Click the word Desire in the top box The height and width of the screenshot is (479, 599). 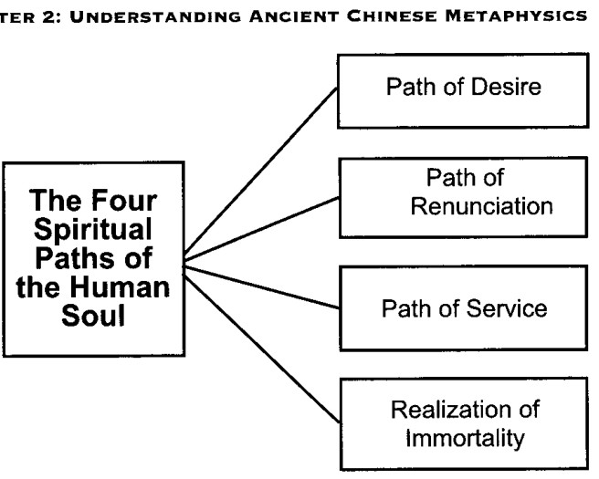506,87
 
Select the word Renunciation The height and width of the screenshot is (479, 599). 482,206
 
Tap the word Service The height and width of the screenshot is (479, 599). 507,308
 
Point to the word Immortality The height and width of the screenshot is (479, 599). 465,438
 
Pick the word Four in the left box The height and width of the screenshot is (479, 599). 124,201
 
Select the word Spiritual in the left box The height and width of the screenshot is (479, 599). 93,230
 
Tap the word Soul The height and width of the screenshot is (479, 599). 93,316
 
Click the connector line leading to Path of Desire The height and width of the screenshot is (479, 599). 260,172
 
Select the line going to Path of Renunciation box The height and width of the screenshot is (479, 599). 261,229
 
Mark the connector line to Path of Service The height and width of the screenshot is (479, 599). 262,287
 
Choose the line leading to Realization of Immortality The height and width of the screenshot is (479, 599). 262,349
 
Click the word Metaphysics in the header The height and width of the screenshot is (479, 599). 516,16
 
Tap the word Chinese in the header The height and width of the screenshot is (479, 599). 392,16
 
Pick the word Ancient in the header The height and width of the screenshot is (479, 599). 294,16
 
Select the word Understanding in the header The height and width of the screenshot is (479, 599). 155,16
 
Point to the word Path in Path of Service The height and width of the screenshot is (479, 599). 405,308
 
